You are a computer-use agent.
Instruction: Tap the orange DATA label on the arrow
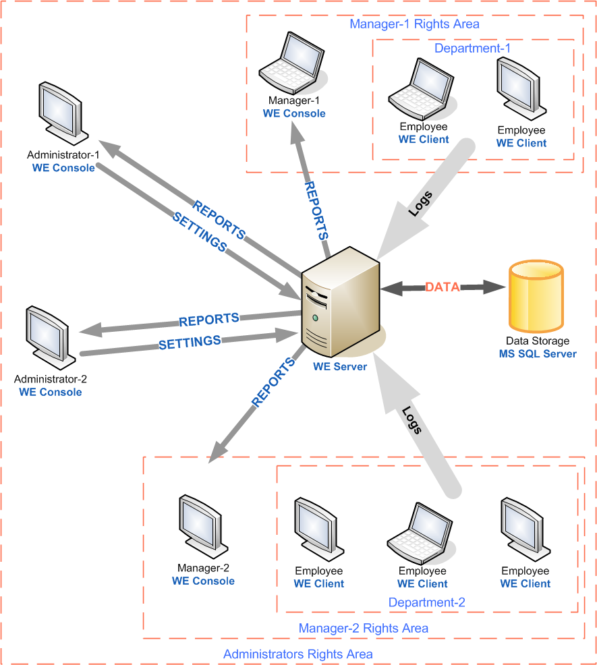(443, 287)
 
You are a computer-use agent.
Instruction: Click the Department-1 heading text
(472, 49)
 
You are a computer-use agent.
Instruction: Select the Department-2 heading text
(426, 602)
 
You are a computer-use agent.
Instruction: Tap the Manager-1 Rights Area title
(414, 24)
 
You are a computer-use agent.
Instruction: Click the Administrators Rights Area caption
(297, 654)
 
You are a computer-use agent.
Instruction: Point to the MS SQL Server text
(538, 353)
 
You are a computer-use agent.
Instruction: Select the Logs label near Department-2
(411, 420)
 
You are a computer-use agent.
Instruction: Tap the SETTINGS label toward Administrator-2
(190, 342)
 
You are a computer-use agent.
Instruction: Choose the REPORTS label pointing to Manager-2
(274, 382)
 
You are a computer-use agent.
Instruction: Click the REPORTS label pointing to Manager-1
(317, 210)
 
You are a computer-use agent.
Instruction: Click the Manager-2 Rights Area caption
(363, 629)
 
